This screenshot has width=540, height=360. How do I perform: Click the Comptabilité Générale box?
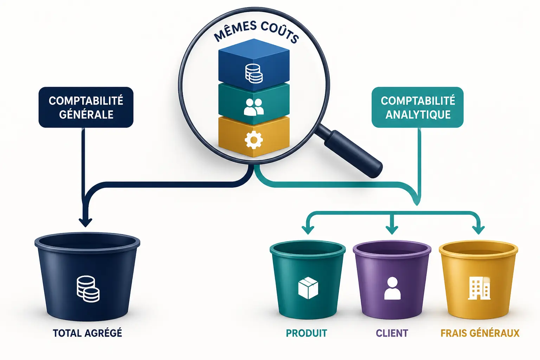click(x=86, y=107)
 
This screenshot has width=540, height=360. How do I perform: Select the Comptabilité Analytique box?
click(x=418, y=107)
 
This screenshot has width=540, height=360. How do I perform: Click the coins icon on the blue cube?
click(x=254, y=73)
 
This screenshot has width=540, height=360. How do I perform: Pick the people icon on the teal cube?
click(x=254, y=107)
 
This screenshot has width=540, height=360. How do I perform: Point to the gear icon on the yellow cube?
click(x=253, y=140)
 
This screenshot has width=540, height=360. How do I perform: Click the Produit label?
click(x=307, y=333)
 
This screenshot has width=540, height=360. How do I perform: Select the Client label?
click(x=392, y=333)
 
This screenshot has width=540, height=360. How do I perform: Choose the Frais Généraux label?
click(x=480, y=333)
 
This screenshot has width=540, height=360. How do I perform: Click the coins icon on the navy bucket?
click(x=88, y=289)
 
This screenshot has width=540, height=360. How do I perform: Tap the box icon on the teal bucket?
click(x=308, y=288)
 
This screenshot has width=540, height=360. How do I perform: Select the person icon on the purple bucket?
click(x=392, y=288)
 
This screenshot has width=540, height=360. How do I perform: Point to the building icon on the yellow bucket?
click(x=479, y=288)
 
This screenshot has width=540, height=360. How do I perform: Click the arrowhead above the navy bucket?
click(x=85, y=222)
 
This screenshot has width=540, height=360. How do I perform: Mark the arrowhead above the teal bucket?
click(x=308, y=230)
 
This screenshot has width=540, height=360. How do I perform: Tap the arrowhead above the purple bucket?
click(x=392, y=230)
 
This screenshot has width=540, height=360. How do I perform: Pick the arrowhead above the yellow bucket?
click(x=478, y=230)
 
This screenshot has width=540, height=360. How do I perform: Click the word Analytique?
click(x=418, y=115)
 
